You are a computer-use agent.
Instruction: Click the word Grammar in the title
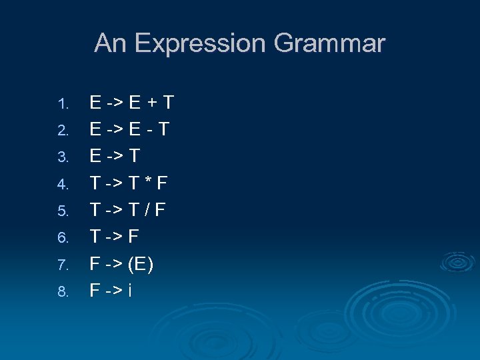coord(329,44)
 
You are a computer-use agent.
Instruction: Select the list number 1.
coord(63,105)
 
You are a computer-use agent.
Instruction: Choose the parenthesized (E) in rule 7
coord(141,264)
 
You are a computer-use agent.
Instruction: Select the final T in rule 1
coord(167,103)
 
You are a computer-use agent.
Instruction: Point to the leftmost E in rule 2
coord(96,129)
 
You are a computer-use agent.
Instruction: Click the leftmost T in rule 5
coord(95,210)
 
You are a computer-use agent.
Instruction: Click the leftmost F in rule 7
coord(96,264)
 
